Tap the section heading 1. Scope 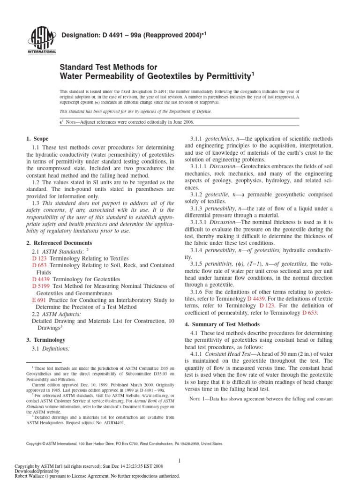click(36, 139)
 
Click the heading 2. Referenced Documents click(59, 243)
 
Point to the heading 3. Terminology click(46, 339)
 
